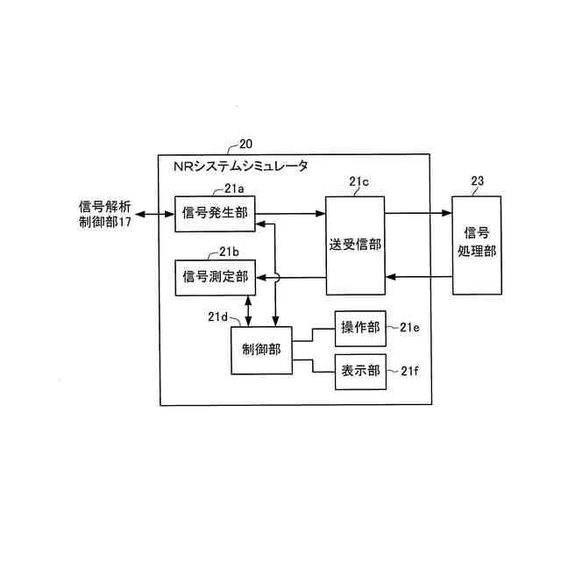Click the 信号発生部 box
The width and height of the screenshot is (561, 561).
point(215,212)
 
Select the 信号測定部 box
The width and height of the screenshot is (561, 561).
point(215,277)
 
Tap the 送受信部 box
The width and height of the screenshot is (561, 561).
point(355,245)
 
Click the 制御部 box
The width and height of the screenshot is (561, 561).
point(261,349)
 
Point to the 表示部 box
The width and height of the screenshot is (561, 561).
point(359,371)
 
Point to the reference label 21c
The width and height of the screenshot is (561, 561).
point(359,182)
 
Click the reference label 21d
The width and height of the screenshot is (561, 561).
point(217,317)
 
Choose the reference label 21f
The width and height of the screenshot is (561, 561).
point(409,371)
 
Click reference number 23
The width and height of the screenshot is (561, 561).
point(477,182)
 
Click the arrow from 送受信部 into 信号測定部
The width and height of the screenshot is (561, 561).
point(290,278)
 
